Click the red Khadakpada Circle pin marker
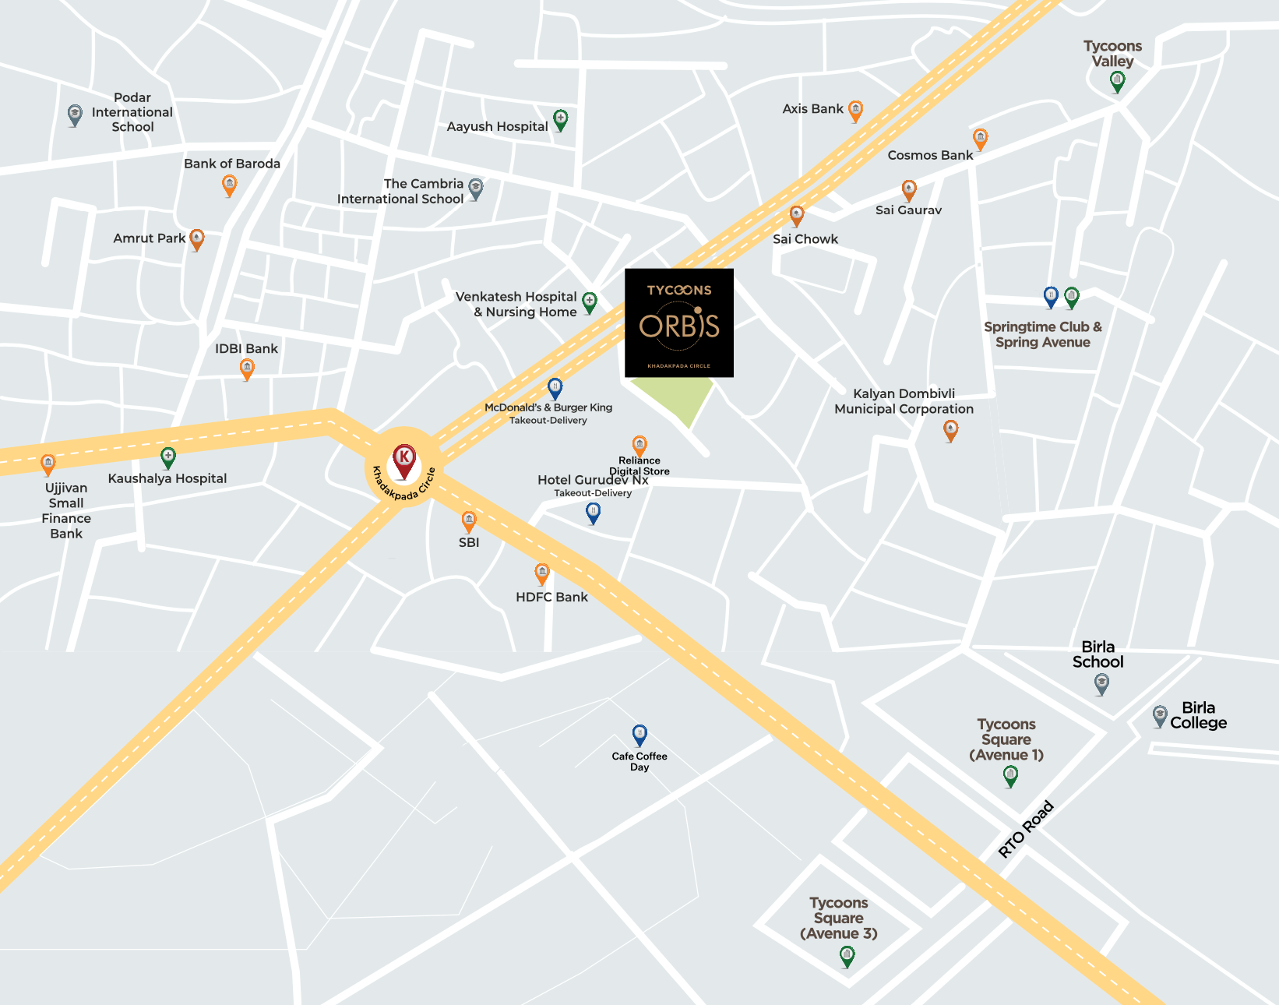[x=403, y=460]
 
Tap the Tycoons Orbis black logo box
[x=679, y=323]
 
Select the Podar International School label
[x=132, y=112]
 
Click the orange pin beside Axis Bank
[x=855, y=110]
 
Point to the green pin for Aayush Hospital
[x=560, y=119]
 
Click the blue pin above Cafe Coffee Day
[x=639, y=734]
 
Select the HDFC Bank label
[x=551, y=597]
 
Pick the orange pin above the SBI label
[x=468, y=520]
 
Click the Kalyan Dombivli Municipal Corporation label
[x=904, y=401]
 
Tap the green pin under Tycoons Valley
[x=1117, y=80]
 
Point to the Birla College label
[x=1198, y=715]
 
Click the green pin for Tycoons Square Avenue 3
[x=847, y=955]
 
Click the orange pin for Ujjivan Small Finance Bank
[x=48, y=464]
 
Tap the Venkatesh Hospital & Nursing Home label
[x=517, y=305]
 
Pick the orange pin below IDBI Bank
[x=247, y=368]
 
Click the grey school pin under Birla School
[x=1101, y=683]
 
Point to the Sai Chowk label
[x=805, y=239]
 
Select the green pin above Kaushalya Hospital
[x=167, y=456]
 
